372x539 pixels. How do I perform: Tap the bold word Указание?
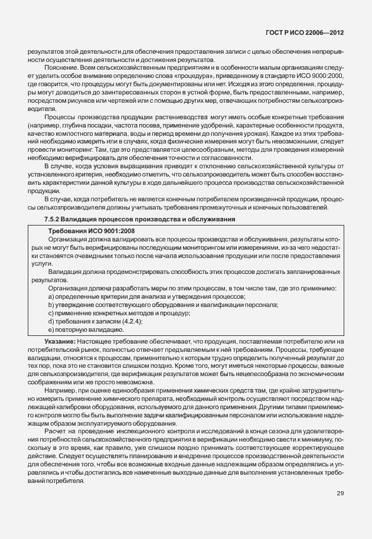pyautogui.click(x=59, y=342)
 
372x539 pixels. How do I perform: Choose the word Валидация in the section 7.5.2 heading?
pyautogui.click(x=85, y=219)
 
